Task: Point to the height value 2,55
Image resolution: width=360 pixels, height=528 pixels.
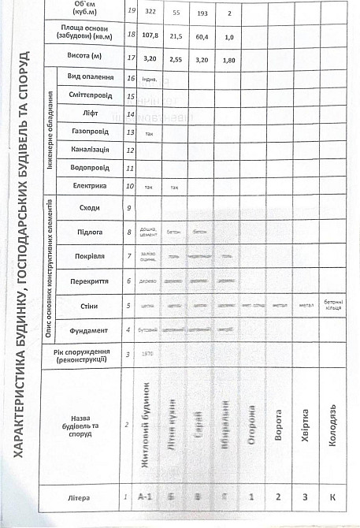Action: point(173,58)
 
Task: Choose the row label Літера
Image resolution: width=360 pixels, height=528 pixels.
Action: point(84,497)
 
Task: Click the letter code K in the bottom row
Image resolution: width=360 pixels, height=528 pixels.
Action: point(332,497)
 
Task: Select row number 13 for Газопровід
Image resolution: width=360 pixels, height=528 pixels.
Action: point(129,132)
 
